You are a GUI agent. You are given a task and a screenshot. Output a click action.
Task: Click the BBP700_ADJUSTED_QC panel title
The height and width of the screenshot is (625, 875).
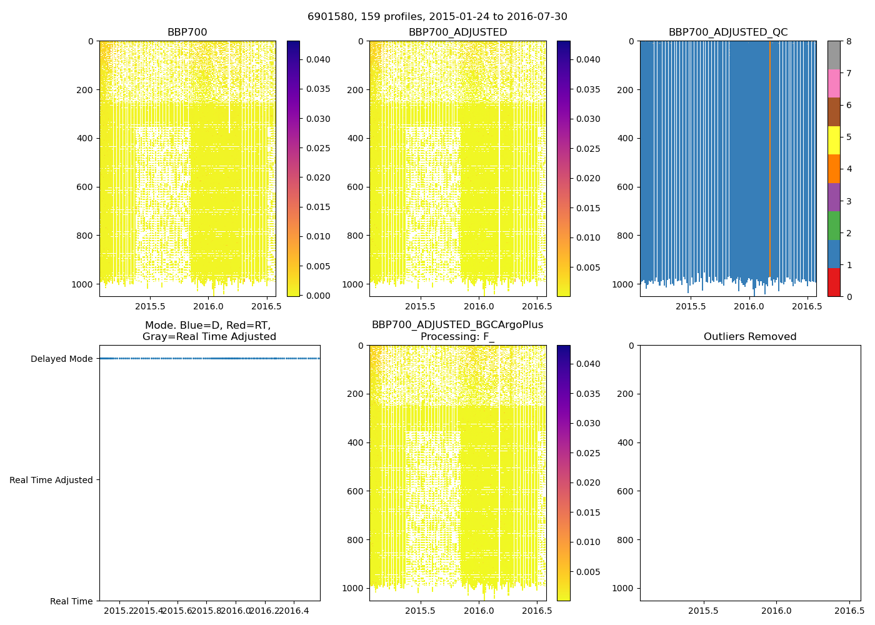click(x=728, y=32)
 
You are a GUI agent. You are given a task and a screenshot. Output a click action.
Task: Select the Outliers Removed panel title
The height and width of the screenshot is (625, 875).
click(x=750, y=337)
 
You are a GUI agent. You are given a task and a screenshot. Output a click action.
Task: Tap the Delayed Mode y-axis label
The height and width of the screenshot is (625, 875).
click(x=61, y=359)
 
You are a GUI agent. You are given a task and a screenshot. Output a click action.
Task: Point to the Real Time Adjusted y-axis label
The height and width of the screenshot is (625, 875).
click(x=51, y=480)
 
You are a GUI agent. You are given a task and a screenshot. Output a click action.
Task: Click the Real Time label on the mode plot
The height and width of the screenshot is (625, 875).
click(x=71, y=601)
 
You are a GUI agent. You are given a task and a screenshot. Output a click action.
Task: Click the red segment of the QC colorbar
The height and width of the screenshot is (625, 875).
click(x=834, y=282)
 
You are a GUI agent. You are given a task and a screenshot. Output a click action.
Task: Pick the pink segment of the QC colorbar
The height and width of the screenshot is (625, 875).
click(x=834, y=83)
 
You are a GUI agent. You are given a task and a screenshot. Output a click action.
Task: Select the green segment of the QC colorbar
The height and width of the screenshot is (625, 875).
click(x=834, y=225)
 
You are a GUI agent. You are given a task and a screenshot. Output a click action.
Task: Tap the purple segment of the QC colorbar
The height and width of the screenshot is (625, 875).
click(x=834, y=197)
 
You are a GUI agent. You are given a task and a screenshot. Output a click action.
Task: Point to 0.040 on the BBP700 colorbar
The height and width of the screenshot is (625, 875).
click(x=318, y=59)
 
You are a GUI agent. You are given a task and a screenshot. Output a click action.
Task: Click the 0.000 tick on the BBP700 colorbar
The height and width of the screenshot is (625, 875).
click(x=318, y=296)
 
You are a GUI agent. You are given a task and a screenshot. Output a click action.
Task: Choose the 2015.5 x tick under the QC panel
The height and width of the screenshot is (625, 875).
click(x=691, y=306)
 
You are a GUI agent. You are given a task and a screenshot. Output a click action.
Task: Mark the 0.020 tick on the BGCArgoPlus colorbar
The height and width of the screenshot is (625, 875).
click(x=588, y=482)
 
